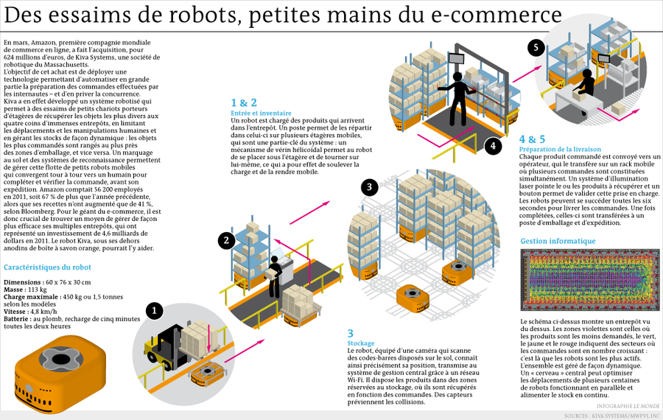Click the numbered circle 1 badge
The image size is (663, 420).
(153, 310)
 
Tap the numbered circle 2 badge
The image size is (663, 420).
(226, 239)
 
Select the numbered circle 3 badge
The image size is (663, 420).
(370, 187)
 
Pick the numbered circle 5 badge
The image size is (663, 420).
(536, 48)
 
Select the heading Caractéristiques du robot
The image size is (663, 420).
(47, 267)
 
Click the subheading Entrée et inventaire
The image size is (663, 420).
(261, 113)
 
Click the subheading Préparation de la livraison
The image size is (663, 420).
(560, 149)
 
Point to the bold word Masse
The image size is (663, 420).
(15, 290)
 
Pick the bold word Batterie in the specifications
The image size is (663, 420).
(18, 319)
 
